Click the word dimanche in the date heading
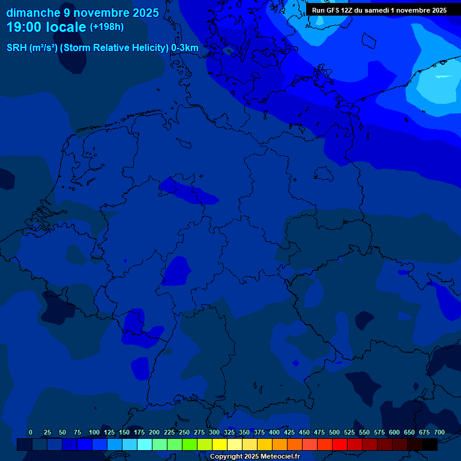tap(34, 13)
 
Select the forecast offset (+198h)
tap(107, 27)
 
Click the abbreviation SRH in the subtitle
tap(17, 48)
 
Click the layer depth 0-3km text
tap(185, 48)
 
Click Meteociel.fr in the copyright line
tap(280, 457)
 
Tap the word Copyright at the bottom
tap(226, 457)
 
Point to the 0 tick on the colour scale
tap(31, 432)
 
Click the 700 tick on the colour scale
tap(439, 432)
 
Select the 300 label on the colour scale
tap(214, 432)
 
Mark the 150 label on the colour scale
tap(124, 432)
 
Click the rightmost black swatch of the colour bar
tap(430, 444)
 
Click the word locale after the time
tap(65, 27)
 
